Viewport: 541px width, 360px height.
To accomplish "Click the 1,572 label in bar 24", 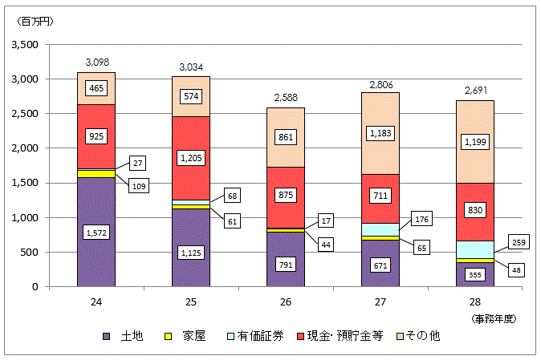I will point(96,233).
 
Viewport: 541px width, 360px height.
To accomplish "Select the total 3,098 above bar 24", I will point(96,62).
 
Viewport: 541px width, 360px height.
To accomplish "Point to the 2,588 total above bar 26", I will point(286,97).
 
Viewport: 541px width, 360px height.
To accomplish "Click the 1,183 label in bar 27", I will point(380,133).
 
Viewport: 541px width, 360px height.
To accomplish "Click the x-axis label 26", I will point(286,303).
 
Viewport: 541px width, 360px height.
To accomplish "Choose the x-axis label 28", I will point(475,303).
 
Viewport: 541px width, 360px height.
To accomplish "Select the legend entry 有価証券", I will point(258,336).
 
